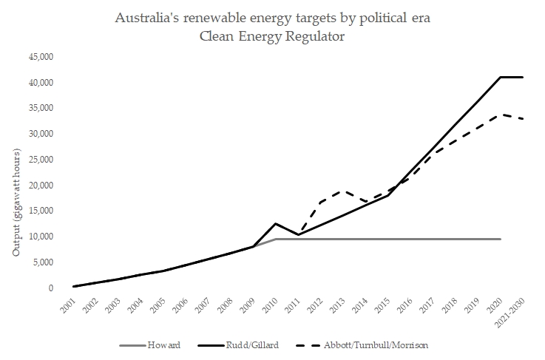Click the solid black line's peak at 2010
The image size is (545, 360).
275,223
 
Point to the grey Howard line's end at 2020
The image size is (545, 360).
501,239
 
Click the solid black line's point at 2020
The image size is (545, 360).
501,77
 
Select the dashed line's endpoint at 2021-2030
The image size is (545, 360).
524,119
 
